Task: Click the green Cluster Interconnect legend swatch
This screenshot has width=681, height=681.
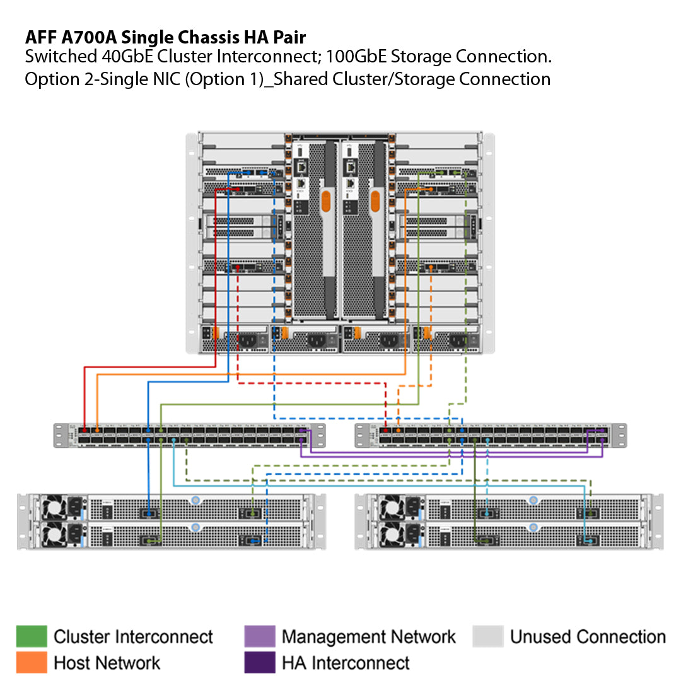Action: point(32,636)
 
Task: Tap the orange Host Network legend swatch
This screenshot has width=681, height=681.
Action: point(32,662)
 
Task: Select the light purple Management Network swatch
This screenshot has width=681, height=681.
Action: point(260,636)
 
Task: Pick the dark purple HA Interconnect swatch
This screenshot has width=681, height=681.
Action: point(260,662)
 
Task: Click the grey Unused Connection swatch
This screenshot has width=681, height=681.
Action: point(488,636)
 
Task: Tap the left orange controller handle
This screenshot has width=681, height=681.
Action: point(326,202)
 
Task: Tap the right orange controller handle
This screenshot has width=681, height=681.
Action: point(375,202)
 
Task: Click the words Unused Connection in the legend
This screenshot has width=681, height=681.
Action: point(588,637)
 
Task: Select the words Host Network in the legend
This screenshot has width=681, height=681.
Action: point(107,663)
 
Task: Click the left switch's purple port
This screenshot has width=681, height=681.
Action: point(302,431)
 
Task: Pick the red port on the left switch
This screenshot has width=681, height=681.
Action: point(84,431)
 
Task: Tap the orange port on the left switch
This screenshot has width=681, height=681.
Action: point(96,431)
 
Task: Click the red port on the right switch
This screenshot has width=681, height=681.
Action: point(385,431)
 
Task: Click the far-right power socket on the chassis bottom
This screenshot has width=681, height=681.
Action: point(458,341)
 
